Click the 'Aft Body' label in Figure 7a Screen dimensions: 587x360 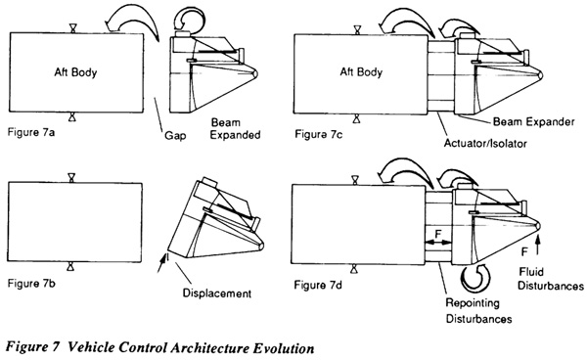pyautogui.click(x=75, y=71)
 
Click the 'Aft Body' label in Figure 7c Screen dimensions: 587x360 pyautogui.click(x=361, y=71)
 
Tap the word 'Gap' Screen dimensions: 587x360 pyautogui.click(x=175, y=135)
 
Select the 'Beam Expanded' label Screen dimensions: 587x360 pyautogui.click(x=235, y=129)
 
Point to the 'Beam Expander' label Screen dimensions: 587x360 pyautogui.click(x=533, y=122)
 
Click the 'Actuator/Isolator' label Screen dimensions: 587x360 pyautogui.click(x=485, y=144)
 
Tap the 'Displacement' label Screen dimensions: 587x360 pyautogui.click(x=217, y=293)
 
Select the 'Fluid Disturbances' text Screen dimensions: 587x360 pyautogui.click(x=550, y=279)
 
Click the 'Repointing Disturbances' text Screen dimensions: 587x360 pyautogui.click(x=478, y=311)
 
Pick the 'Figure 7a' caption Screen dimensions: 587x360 pyautogui.click(x=31, y=132)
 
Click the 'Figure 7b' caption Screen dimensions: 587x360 pyautogui.click(x=31, y=284)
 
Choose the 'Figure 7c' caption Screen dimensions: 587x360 pyautogui.click(x=318, y=134)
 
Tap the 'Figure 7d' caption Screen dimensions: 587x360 pyautogui.click(x=318, y=285)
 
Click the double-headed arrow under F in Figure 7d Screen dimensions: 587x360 pyautogui.click(x=438, y=243)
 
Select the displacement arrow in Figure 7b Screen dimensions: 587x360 pyautogui.click(x=161, y=263)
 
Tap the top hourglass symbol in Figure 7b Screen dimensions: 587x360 pyautogui.click(x=71, y=177)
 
